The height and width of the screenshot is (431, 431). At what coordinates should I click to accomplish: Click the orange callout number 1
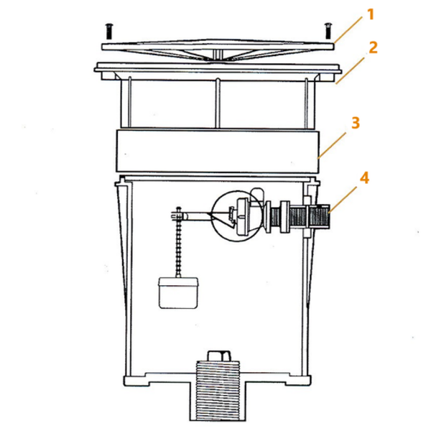(x=371, y=14)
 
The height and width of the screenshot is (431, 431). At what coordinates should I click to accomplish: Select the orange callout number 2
(x=373, y=47)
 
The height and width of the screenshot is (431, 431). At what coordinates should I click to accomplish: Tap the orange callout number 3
(x=356, y=123)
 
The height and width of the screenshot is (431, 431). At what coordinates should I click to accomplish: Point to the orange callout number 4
(x=364, y=178)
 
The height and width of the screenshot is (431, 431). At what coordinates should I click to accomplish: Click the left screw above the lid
(x=109, y=31)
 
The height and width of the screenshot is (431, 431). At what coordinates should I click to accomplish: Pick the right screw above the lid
(x=328, y=30)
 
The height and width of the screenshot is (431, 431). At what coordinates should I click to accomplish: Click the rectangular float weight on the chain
(x=178, y=293)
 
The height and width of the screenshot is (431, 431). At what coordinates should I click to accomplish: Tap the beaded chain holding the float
(x=179, y=242)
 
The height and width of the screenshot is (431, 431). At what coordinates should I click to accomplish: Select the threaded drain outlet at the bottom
(x=217, y=390)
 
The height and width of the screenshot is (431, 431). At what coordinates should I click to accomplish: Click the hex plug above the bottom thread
(x=219, y=356)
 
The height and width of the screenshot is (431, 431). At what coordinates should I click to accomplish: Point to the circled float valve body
(x=237, y=215)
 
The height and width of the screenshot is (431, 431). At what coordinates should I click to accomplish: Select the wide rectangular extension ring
(x=218, y=151)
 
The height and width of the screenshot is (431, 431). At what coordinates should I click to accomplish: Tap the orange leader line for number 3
(x=332, y=145)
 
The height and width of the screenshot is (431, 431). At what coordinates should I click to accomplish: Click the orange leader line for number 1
(x=348, y=29)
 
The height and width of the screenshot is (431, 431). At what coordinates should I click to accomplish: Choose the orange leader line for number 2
(x=350, y=70)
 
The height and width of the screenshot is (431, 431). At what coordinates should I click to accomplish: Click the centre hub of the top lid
(x=218, y=54)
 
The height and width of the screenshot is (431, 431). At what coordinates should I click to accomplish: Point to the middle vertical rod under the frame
(x=218, y=103)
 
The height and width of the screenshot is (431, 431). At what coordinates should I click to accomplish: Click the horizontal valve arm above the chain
(x=193, y=215)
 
